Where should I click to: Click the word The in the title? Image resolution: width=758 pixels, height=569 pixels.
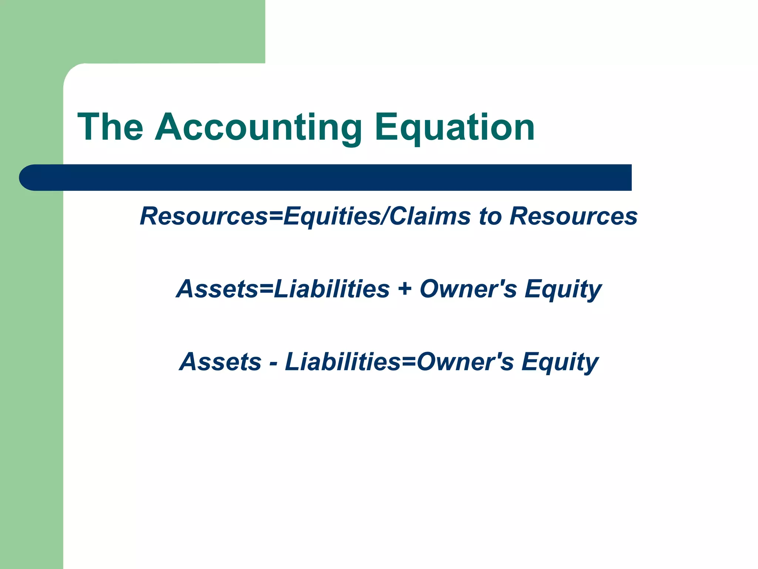click(110, 127)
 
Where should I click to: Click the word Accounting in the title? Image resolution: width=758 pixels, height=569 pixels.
click(258, 127)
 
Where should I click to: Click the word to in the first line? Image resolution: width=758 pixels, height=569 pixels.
click(490, 216)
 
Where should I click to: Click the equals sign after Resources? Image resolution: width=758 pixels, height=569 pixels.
click(276, 216)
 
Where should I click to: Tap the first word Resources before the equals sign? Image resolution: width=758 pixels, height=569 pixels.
click(204, 216)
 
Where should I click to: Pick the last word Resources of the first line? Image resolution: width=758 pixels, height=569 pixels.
click(573, 216)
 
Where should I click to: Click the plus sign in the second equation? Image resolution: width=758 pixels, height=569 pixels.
click(405, 289)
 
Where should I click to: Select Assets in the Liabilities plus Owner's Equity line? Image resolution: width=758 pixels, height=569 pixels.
click(217, 289)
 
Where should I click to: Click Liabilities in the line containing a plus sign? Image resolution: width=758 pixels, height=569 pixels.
click(332, 289)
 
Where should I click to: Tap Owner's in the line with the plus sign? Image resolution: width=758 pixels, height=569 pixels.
click(468, 289)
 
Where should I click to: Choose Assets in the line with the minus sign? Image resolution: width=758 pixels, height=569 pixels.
click(220, 362)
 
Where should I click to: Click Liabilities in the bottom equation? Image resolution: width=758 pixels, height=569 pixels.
click(343, 362)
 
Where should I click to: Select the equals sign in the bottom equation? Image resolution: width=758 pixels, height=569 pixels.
click(409, 362)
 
